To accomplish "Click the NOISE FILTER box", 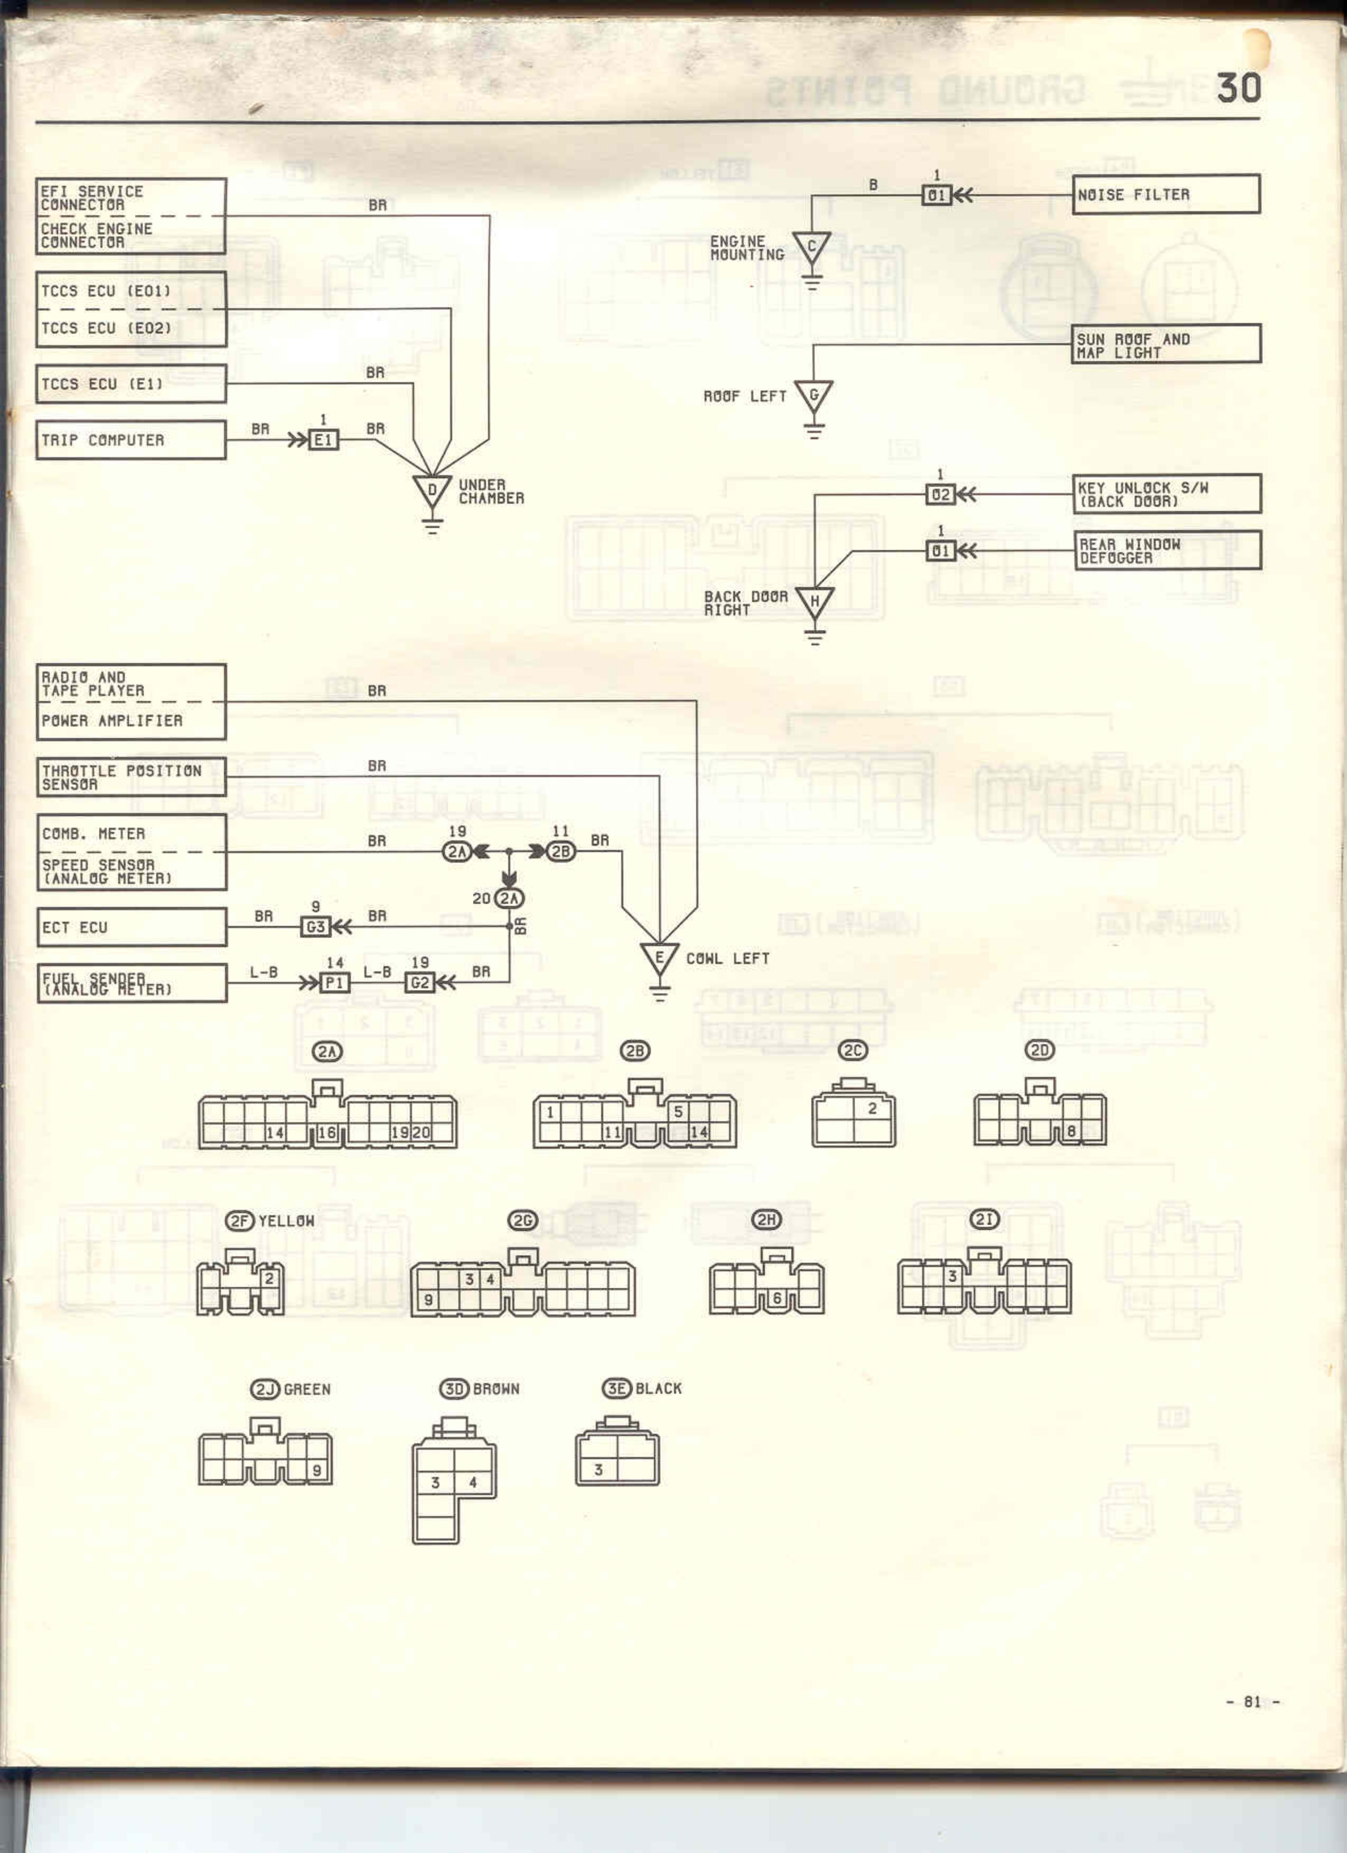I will pyautogui.click(x=1165, y=194).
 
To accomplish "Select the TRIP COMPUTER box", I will pyautogui.click(x=131, y=440).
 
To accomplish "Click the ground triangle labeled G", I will pyautogui.click(x=813, y=397).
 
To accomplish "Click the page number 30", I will pyautogui.click(x=1238, y=88).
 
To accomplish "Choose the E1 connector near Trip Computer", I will pyautogui.click(x=324, y=440).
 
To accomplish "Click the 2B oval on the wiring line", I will pyautogui.click(x=560, y=852).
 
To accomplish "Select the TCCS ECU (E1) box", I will pyautogui.click(x=131, y=384).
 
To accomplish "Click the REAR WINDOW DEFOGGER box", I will pyautogui.click(x=1167, y=551).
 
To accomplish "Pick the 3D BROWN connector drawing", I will pyautogui.click(x=454, y=1480).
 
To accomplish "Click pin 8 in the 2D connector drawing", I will pyautogui.click(x=1071, y=1131).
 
